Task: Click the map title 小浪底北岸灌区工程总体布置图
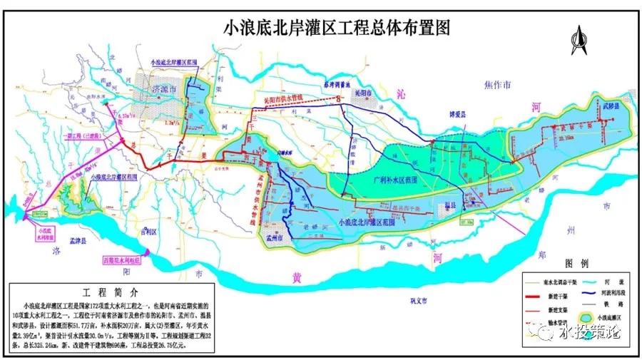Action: (x=337, y=28)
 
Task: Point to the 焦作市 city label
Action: (x=497, y=86)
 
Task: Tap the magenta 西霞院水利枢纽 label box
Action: (x=122, y=260)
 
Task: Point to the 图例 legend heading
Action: (x=575, y=263)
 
